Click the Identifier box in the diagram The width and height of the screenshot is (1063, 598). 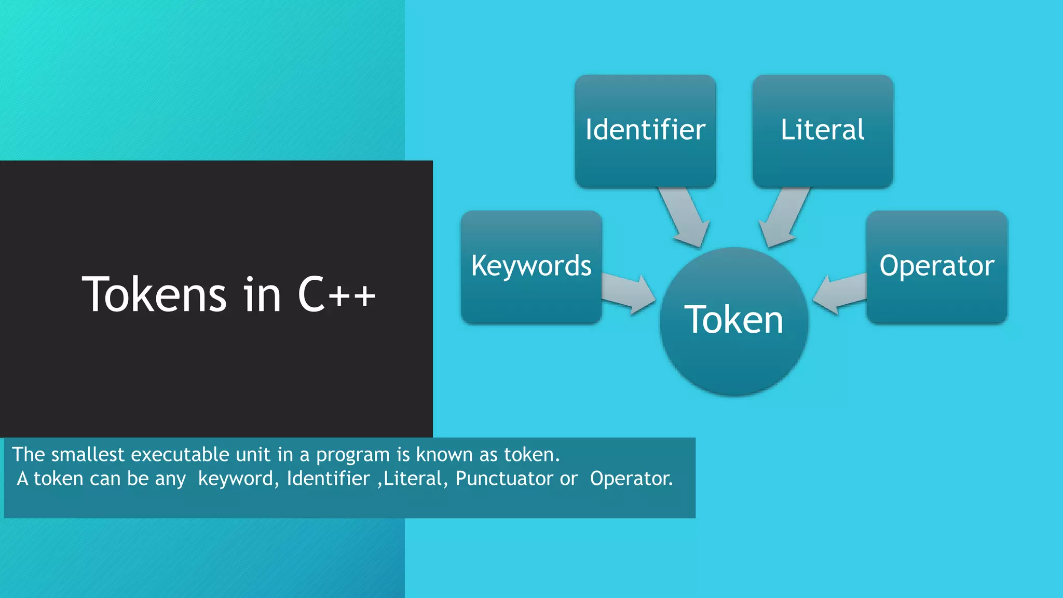click(x=645, y=131)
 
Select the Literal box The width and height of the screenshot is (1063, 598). click(x=823, y=131)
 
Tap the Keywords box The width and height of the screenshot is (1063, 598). click(x=531, y=267)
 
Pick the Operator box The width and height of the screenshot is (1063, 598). click(x=937, y=267)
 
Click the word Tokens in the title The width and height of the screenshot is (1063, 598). click(x=154, y=295)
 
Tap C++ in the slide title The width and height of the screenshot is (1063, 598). click(x=336, y=295)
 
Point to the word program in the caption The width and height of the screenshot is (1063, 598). click(x=353, y=455)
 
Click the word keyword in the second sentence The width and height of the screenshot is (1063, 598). click(x=236, y=479)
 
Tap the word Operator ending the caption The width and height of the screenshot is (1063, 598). click(x=631, y=479)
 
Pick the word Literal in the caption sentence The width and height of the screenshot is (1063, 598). click(x=413, y=479)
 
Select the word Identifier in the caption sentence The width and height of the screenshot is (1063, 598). click(x=328, y=479)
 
